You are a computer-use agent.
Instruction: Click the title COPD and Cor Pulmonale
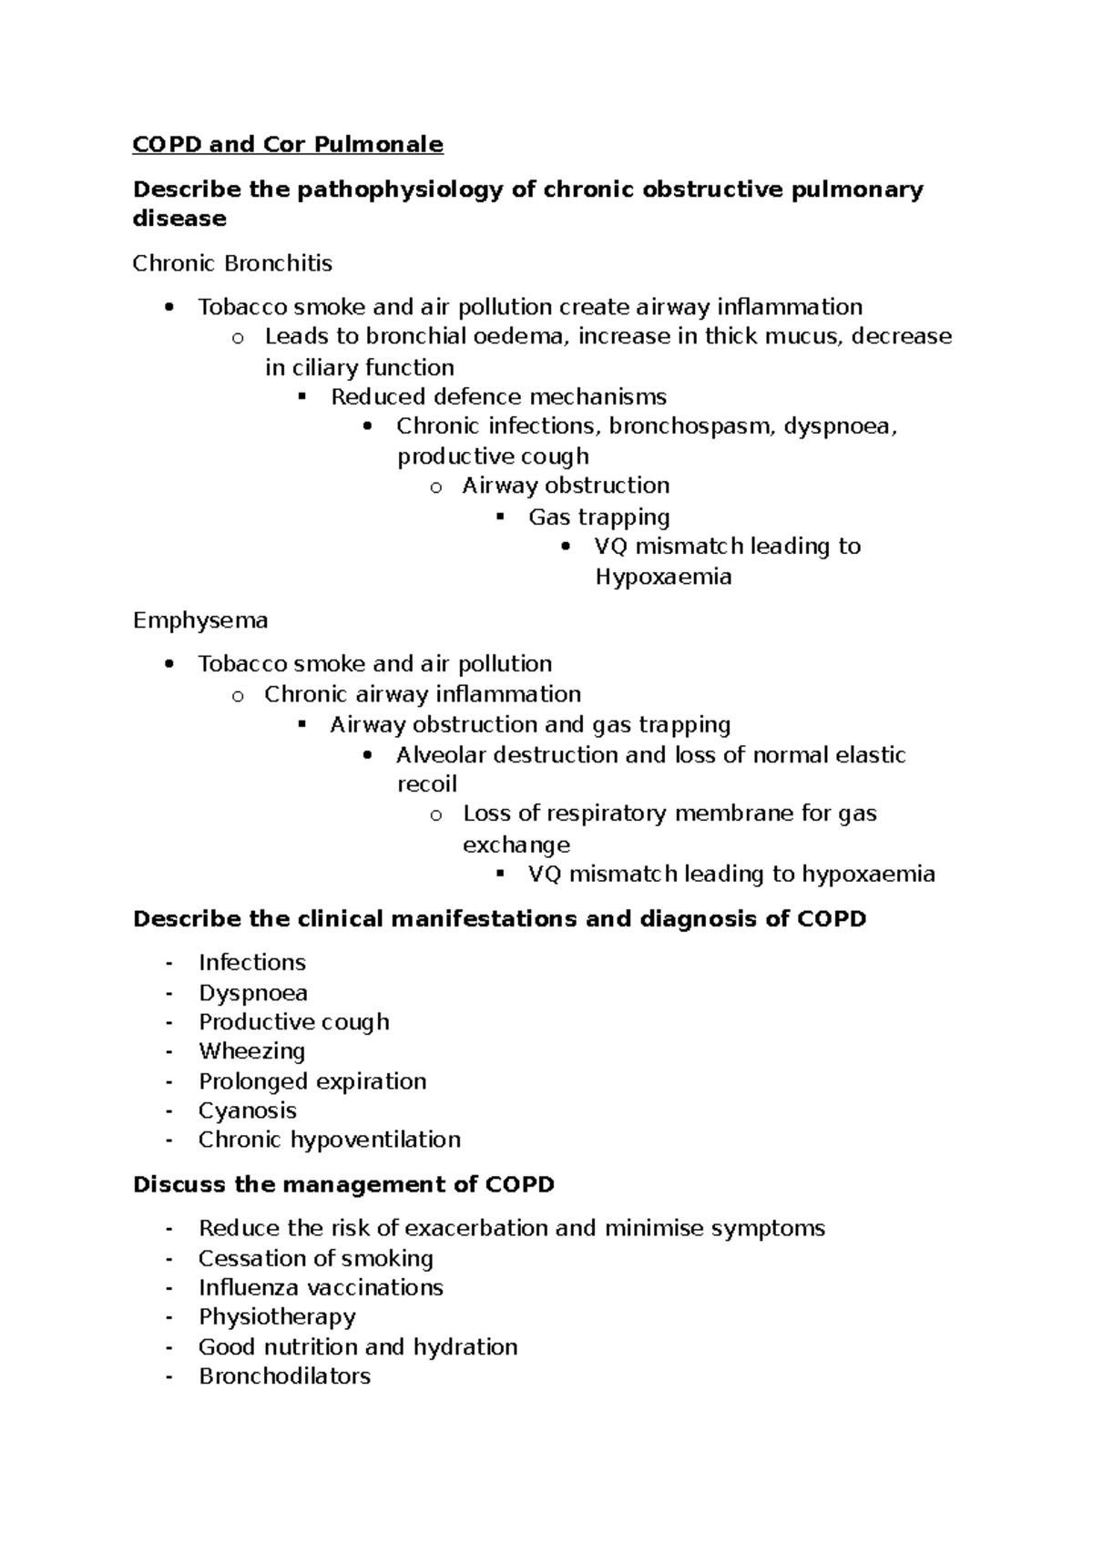(x=288, y=144)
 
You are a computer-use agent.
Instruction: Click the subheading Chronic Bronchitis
(x=232, y=263)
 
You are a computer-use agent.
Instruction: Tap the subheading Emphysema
(x=200, y=620)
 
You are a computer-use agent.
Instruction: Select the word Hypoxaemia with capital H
(x=663, y=577)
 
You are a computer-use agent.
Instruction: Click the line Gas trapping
(x=598, y=517)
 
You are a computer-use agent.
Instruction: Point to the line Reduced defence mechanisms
(x=498, y=396)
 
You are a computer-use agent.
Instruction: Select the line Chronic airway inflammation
(x=422, y=694)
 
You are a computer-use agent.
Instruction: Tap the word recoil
(x=426, y=783)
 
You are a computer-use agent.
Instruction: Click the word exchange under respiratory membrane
(x=516, y=844)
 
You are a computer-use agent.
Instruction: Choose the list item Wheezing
(x=251, y=1050)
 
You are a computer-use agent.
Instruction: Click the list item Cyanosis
(x=247, y=1110)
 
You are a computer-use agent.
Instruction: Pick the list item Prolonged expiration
(x=312, y=1080)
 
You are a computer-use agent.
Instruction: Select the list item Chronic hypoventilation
(x=329, y=1140)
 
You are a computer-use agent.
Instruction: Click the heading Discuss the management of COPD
(x=343, y=1184)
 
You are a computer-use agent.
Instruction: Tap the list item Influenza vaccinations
(x=321, y=1287)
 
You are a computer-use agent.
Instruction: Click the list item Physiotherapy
(x=277, y=1316)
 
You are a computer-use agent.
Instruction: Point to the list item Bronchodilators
(x=284, y=1376)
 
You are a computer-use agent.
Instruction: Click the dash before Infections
(x=169, y=963)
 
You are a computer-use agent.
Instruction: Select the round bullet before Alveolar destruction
(x=367, y=755)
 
